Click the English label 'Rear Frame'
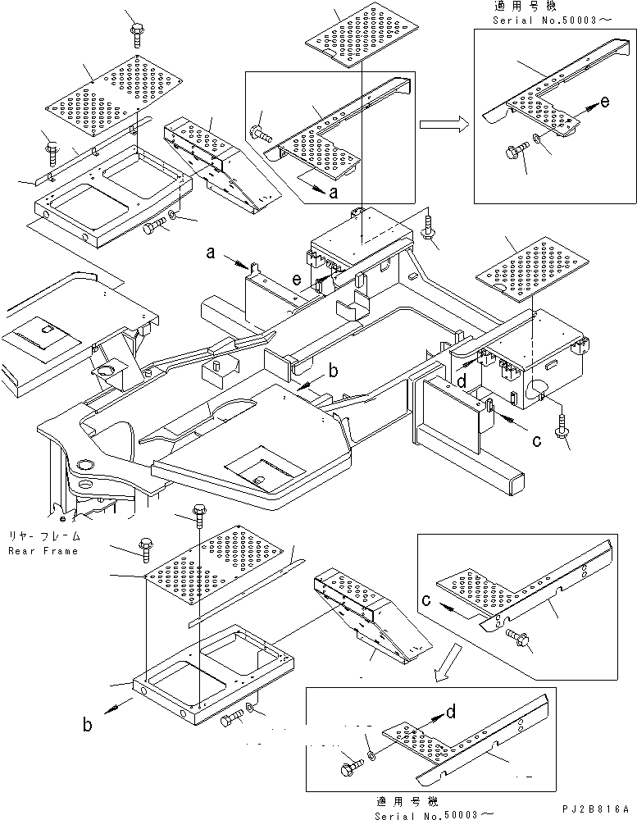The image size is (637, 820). pyautogui.click(x=43, y=551)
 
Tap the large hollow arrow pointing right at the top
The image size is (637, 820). pyautogui.click(x=444, y=125)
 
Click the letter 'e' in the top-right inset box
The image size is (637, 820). pyautogui.click(x=605, y=102)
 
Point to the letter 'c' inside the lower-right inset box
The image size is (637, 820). pyautogui.click(x=428, y=602)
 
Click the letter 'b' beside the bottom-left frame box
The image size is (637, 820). pyautogui.click(x=87, y=723)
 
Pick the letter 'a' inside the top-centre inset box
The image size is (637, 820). pyautogui.click(x=332, y=194)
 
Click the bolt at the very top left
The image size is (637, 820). pyautogui.click(x=135, y=34)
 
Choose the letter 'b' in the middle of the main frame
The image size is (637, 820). pyautogui.click(x=333, y=371)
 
